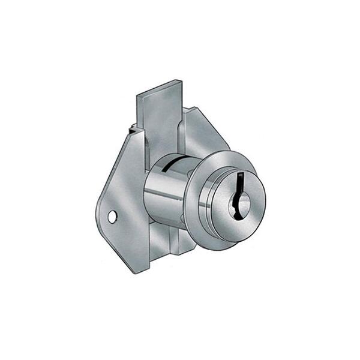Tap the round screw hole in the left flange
pyautogui.click(x=112, y=217)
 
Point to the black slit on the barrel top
pyautogui.click(x=172, y=163)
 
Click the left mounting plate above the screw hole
pyautogui.click(x=123, y=180)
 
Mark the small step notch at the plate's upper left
pyautogui.click(x=131, y=127)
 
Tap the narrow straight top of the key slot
pyautogui.click(x=241, y=175)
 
